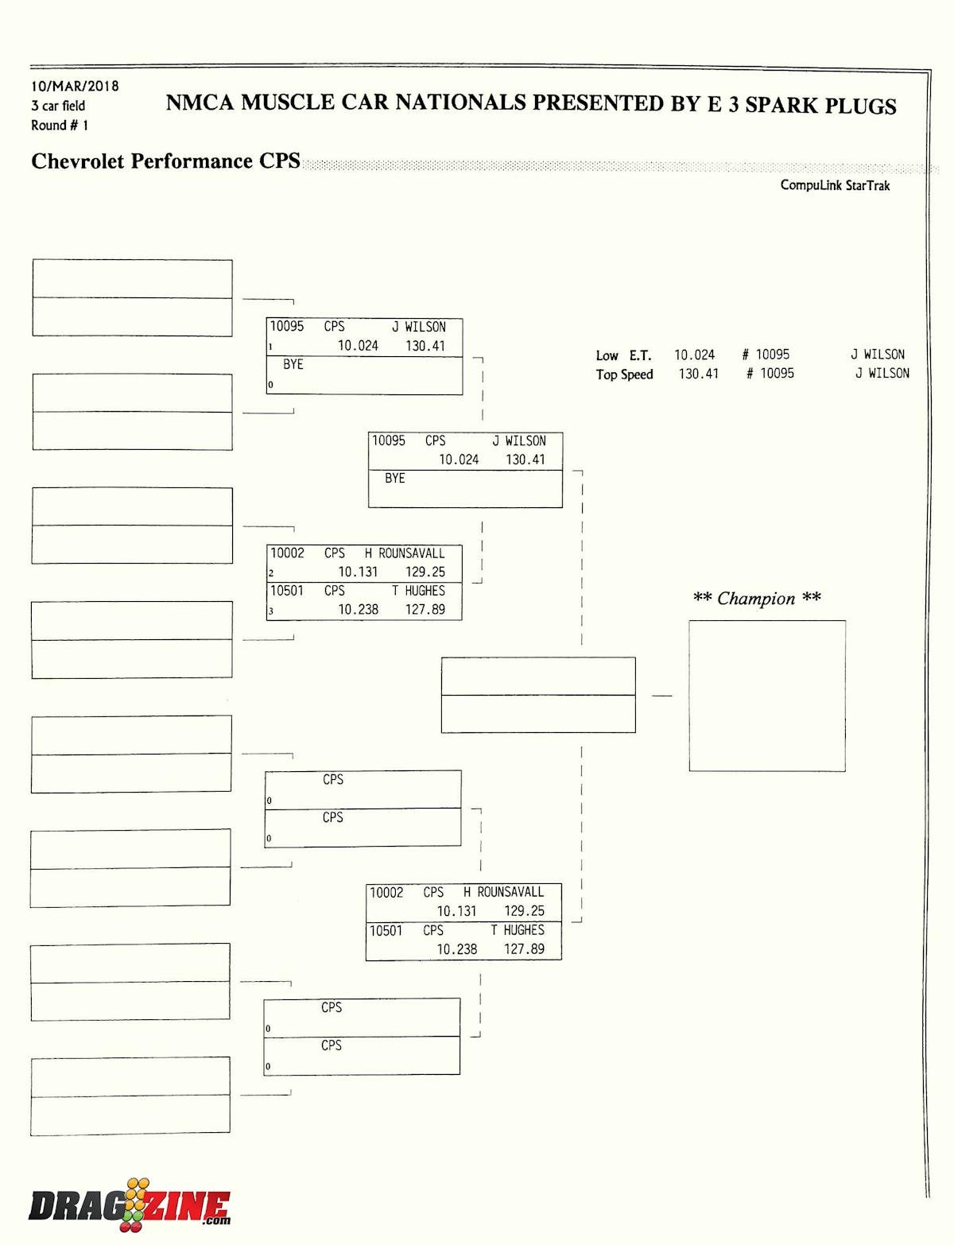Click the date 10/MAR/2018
pos(75,86)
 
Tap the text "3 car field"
pos(58,106)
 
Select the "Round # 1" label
pos(60,126)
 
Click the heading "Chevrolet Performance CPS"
pos(165,161)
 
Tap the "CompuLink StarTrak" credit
pos(835,185)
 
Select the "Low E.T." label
pos(623,355)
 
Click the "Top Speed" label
pos(624,374)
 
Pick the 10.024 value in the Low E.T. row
pos(694,355)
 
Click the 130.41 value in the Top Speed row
pos(698,374)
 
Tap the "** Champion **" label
pos(756,599)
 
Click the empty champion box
pos(766,696)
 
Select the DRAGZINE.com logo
pos(130,1206)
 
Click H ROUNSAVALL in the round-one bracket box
pos(405,553)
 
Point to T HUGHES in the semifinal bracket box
pos(518,930)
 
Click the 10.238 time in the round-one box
pos(358,610)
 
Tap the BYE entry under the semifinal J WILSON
pos(394,479)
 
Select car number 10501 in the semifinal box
pos(386,930)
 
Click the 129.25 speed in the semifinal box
pos(524,911)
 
